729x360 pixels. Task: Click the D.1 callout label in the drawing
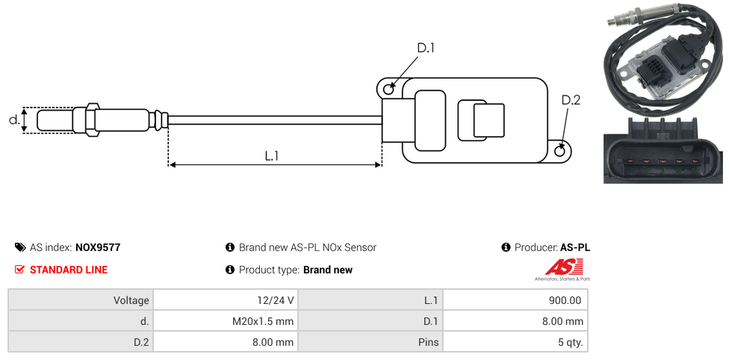point(425,48)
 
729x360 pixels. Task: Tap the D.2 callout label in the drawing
point(570,100)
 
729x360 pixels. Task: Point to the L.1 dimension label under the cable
point(272,156)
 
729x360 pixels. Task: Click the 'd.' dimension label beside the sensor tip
point(13,120)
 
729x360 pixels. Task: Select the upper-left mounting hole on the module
point(388,90)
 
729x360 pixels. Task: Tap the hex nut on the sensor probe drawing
point(93,120)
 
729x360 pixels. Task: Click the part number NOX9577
point(98,247)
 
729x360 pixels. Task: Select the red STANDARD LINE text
point(68,270)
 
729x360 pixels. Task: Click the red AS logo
point(558,267)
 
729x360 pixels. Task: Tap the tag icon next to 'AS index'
point(20,247)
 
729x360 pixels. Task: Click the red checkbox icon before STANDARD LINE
point(20,270)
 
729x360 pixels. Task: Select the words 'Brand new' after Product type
point(328,270)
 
